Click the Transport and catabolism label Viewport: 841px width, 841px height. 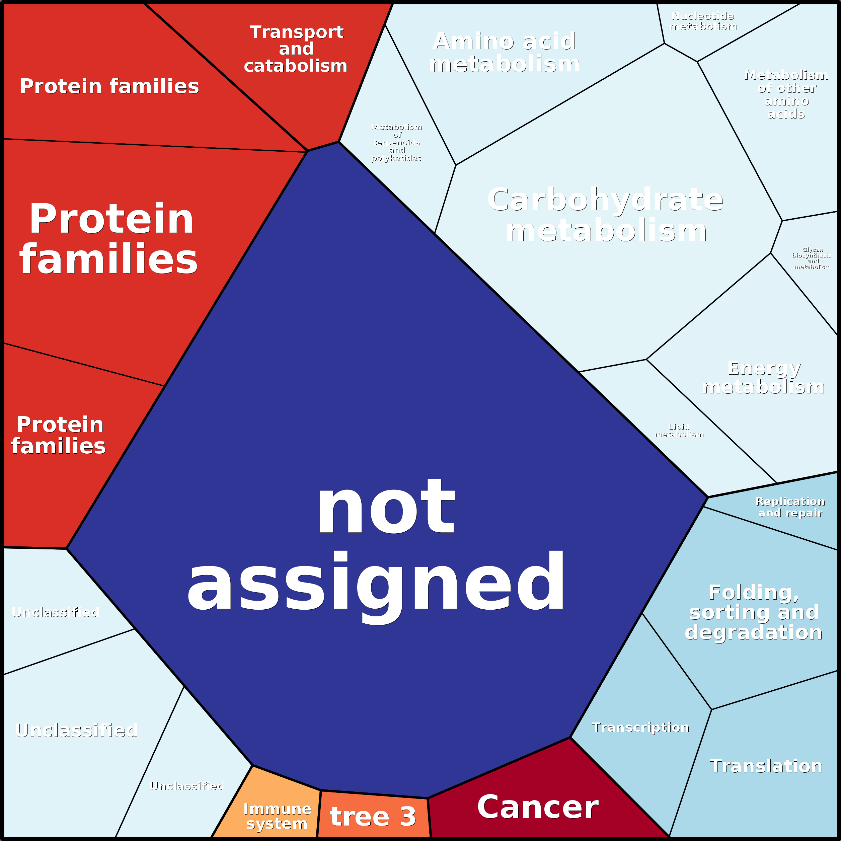click(x=296, y=49)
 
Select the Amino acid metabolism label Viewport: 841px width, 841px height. click(x=505, y=52)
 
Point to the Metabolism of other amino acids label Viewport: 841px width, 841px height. click(x=786, y=94)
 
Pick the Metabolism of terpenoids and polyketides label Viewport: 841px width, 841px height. click(x=396, y=142)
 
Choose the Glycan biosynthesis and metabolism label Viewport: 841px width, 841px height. click(x=812, y=258)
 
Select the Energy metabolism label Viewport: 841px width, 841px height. click(x=764, y=377)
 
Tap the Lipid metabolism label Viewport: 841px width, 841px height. click(x=679, y=431)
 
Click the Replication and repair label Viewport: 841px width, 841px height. click(x=790, y=507)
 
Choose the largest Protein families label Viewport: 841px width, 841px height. click(x=109, y=239)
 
